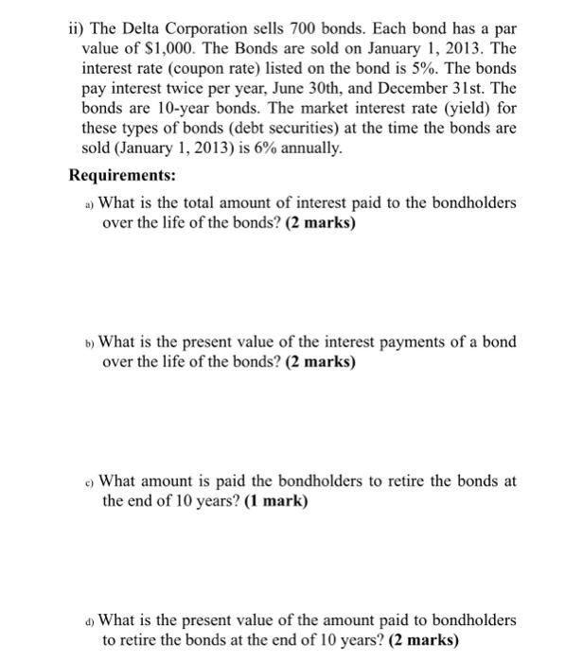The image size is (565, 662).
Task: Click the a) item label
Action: point(90,203)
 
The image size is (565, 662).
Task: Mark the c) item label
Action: point(90,481)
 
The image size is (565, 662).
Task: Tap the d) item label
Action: point(90,620)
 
